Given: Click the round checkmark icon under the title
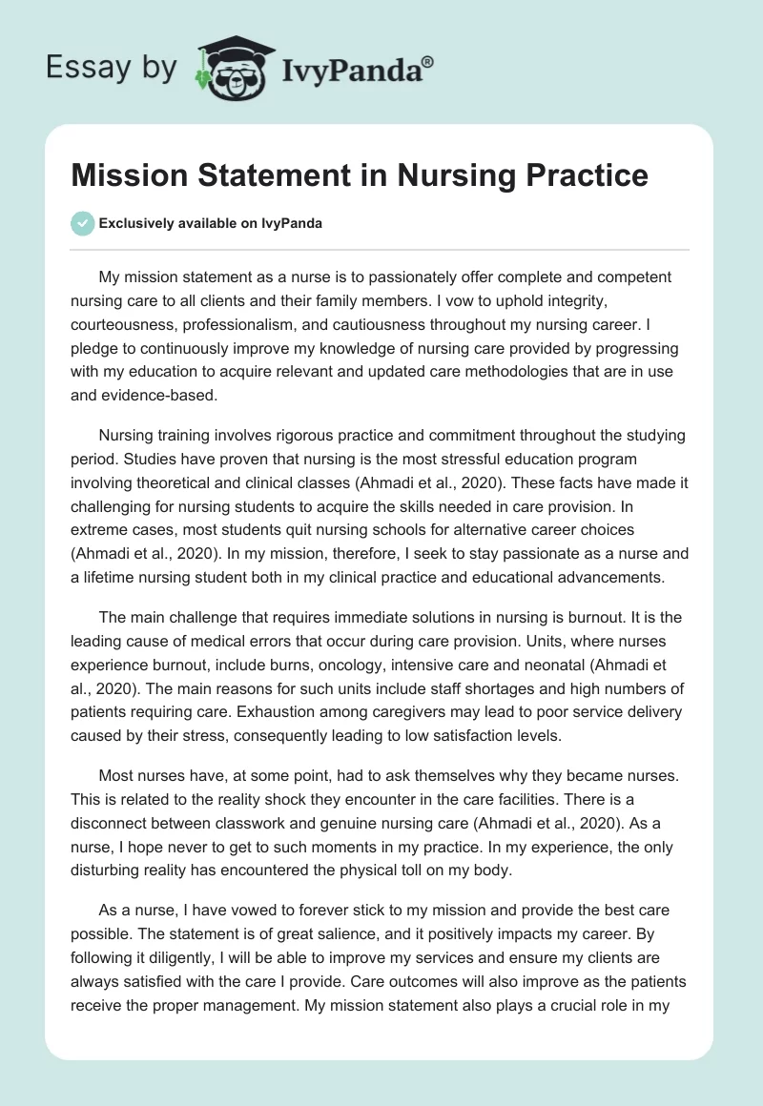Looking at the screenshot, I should point(82,223).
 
